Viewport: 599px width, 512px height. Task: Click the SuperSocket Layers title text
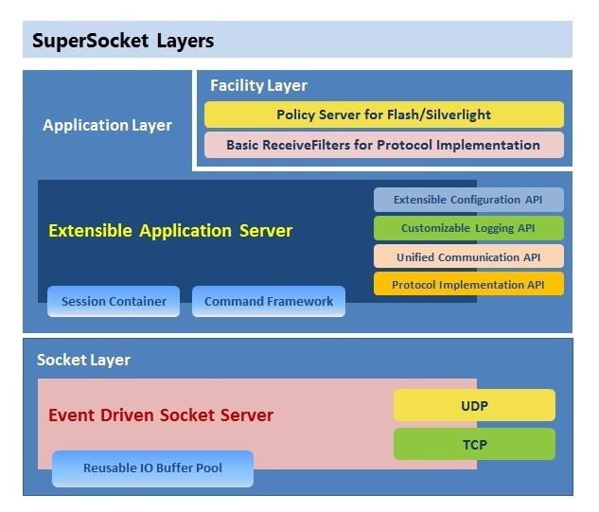coord(123,41)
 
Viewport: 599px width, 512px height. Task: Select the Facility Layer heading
coord(258,85)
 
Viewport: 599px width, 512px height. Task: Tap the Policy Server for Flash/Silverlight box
coord(383,115)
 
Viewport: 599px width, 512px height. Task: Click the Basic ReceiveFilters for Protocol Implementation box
coord(383,145)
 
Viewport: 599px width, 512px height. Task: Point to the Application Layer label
coord(107,125)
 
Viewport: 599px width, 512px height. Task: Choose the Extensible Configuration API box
coord(468,200)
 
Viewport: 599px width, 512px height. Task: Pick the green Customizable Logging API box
coord(468,228)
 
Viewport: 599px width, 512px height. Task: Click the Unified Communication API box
coord(468,256)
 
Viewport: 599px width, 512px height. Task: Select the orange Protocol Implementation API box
coord(468,284)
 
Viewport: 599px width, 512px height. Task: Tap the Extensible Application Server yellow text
coord(170,231)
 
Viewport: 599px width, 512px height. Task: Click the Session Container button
coord(114,301)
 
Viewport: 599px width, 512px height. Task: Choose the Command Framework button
coord(269,301)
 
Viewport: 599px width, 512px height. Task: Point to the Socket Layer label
coord(83,360)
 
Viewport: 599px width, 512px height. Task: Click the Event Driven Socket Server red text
coord(160,415)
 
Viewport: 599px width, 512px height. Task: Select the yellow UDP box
coord(474,405)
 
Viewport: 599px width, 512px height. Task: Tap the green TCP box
coord(474,443)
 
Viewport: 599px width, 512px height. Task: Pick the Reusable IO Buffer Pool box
coord(152,468)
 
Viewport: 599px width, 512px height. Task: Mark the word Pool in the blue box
coord(208,468)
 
